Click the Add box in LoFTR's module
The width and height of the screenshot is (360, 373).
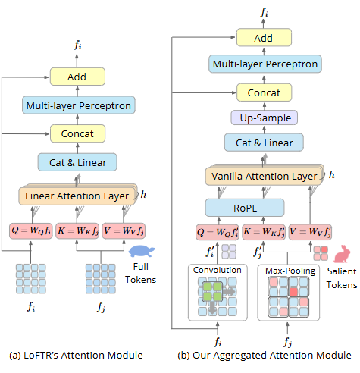tap(77, 77)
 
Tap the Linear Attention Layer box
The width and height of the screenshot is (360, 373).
tap(77, 196)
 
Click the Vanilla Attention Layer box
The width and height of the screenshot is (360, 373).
tap(263, 177)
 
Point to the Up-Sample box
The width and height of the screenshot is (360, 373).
tap(264, 118)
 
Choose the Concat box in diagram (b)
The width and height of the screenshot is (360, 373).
tap(264, 93)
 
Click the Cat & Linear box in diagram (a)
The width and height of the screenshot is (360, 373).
tap(77, 161)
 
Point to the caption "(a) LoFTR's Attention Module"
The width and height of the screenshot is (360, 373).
tap(77, 355)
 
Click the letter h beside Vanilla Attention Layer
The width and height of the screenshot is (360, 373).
tap(330, 175)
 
